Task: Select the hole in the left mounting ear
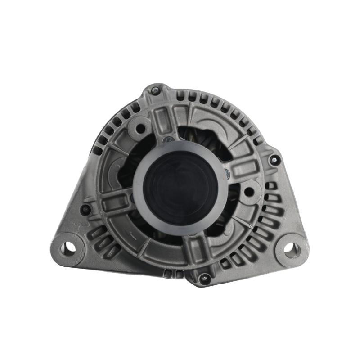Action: click(x=68, y=247)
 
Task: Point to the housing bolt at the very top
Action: click(x=155, y=91)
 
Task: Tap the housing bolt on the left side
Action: click(x=85, y=209)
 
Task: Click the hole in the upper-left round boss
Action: click(x=140, y=128)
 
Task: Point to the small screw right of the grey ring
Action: click(x=228, y=172)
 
